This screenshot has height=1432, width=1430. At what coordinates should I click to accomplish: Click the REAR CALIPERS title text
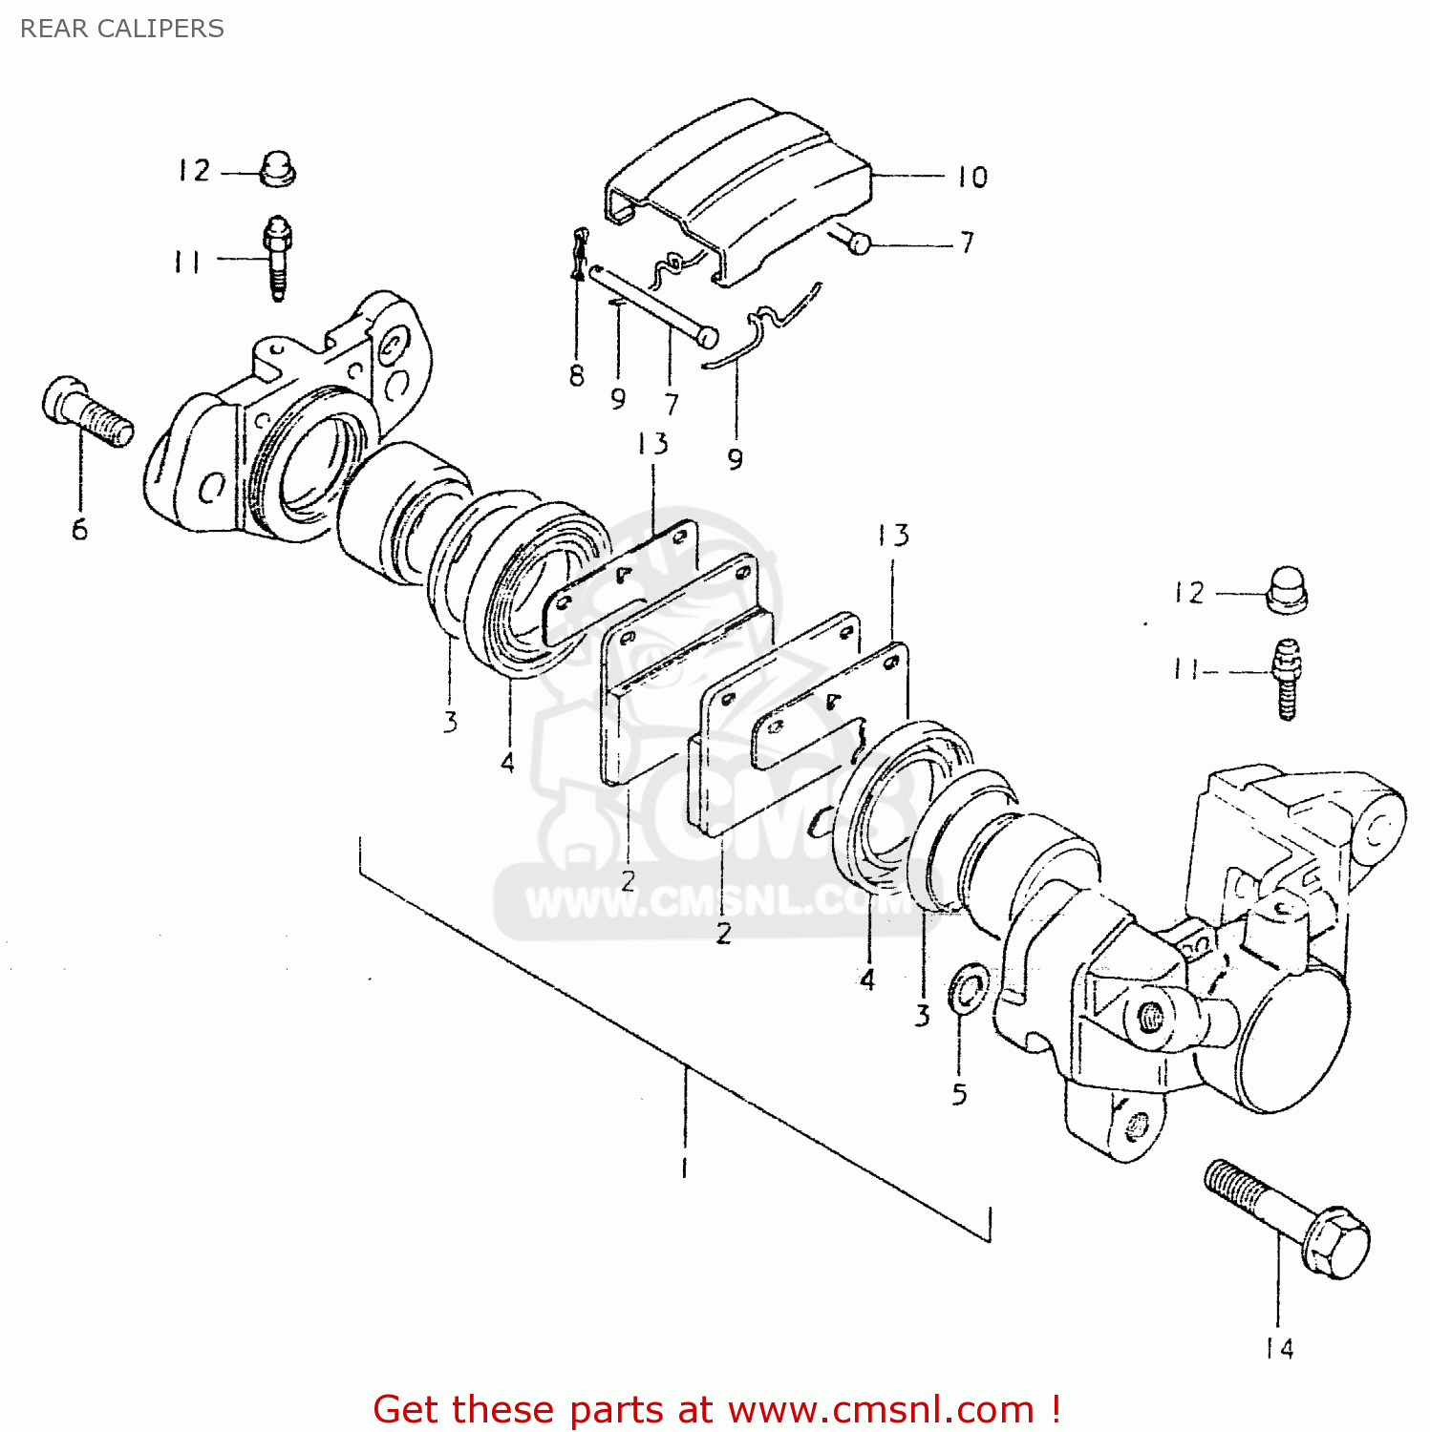[122, 29]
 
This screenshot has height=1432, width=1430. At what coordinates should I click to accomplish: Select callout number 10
[972, 178]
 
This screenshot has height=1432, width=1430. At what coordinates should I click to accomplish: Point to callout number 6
[80, 529]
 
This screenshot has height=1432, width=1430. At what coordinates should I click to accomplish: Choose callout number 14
[1279, 1348]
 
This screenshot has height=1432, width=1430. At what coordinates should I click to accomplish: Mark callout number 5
[959, 1094]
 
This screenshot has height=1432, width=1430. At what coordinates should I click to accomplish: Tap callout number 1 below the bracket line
[684, 1167]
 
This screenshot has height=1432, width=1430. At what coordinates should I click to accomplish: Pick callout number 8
[576, 376]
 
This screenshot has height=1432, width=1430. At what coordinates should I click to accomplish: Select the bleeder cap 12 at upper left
[277, 169]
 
